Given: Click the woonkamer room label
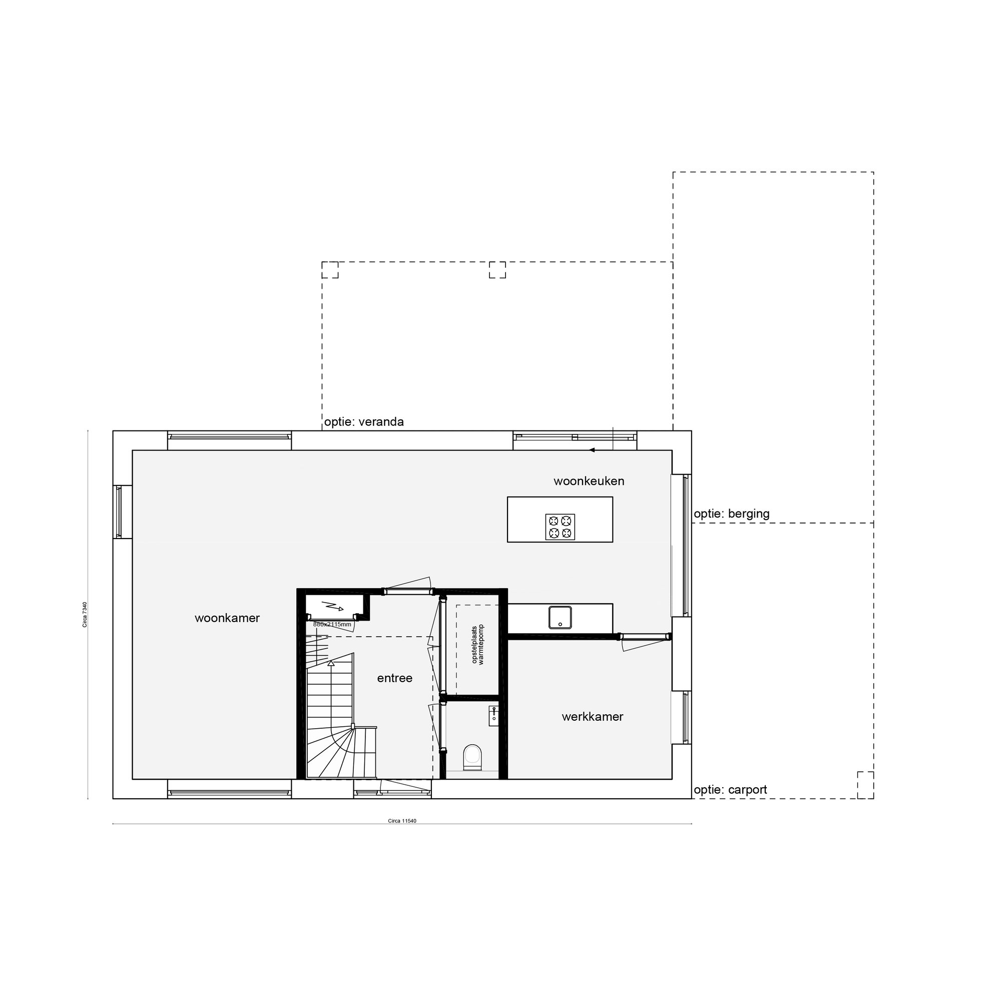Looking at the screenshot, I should [x=227, y=618].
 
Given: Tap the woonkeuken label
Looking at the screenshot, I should [x=589, y=481].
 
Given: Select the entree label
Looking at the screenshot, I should [x=394, y=678].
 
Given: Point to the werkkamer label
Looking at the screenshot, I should [x=592, y=717].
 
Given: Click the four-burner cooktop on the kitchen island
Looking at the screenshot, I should [x=560, y=527].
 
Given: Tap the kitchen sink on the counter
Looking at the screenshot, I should [x=560, y=617].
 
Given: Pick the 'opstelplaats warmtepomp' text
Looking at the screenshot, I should [x=477, y=645].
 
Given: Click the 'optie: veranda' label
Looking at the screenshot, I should [x=364, y=422].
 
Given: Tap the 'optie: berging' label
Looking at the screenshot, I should [x=732, y=514].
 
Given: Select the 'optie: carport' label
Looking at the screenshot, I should [x=730, y=790].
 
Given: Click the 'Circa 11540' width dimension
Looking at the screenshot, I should [x=402, y=821].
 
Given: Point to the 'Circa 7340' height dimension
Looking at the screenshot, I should [x=85, y=615].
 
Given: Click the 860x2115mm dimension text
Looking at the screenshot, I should [x=332, y=624].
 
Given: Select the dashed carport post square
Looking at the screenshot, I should [x=865, y=784].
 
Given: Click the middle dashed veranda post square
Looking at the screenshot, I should [x=497, y=269].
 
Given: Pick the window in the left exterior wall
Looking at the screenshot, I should [x=119, y=512].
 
